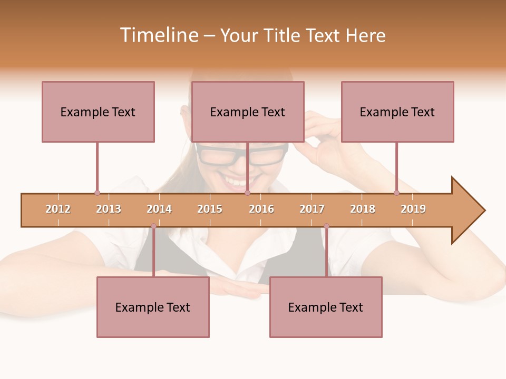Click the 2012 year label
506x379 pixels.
click(58, 210)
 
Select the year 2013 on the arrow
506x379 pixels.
click(109, 210)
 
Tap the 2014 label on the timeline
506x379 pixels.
click(159, 210)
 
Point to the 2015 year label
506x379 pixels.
click(210, 210)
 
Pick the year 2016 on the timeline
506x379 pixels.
click(261, 210)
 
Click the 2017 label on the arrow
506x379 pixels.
click(312, 210)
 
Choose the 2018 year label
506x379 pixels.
click(363, 210)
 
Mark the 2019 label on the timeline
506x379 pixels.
click(413, 210)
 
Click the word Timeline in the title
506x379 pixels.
click(159, 35)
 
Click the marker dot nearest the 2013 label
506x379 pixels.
click(97, 193)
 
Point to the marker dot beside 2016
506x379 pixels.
click(247, 193)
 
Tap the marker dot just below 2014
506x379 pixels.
click(153, 226)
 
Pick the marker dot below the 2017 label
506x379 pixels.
click(326, 226)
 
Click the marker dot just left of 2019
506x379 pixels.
click(396, 193)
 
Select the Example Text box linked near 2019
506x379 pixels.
click(397, 112)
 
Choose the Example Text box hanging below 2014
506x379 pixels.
click(153, 307)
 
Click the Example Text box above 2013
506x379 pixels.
click(98, 112)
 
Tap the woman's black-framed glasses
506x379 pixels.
click(241, 154)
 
